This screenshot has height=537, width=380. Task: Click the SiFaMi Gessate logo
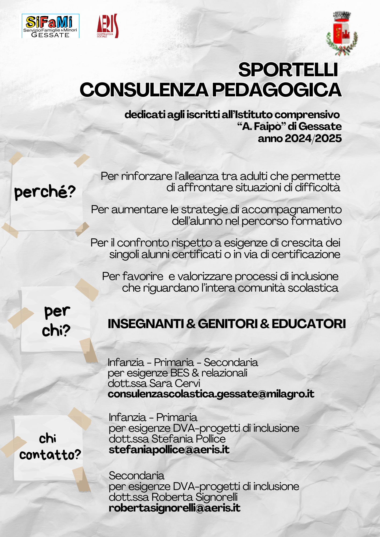[x=50, y=26]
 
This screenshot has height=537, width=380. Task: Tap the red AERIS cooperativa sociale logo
[x=107, y=26]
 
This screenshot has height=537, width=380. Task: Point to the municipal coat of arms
[x=342, y=34]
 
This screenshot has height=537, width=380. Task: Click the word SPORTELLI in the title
[x=288, y=70]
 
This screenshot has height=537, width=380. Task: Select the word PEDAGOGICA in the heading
[x=277, y=90]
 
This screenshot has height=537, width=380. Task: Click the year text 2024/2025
[x=313, y=139]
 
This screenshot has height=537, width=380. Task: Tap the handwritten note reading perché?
[x=45, y=192]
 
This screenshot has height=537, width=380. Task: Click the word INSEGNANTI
[x=146, y=324]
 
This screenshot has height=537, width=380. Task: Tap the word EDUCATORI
[x=309, y=324]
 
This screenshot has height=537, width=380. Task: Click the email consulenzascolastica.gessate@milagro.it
[x=211, y=394]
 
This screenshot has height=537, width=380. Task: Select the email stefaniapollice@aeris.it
[x=169, y=449]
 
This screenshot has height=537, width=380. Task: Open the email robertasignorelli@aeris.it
[x=174, y=508]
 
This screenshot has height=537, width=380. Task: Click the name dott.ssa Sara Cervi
[x=154, y=383]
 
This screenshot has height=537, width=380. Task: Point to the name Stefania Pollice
[x=188, y=439]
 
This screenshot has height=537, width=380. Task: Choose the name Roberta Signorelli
[x=194, y=497]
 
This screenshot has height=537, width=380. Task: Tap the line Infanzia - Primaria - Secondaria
[x=183, y=362]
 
